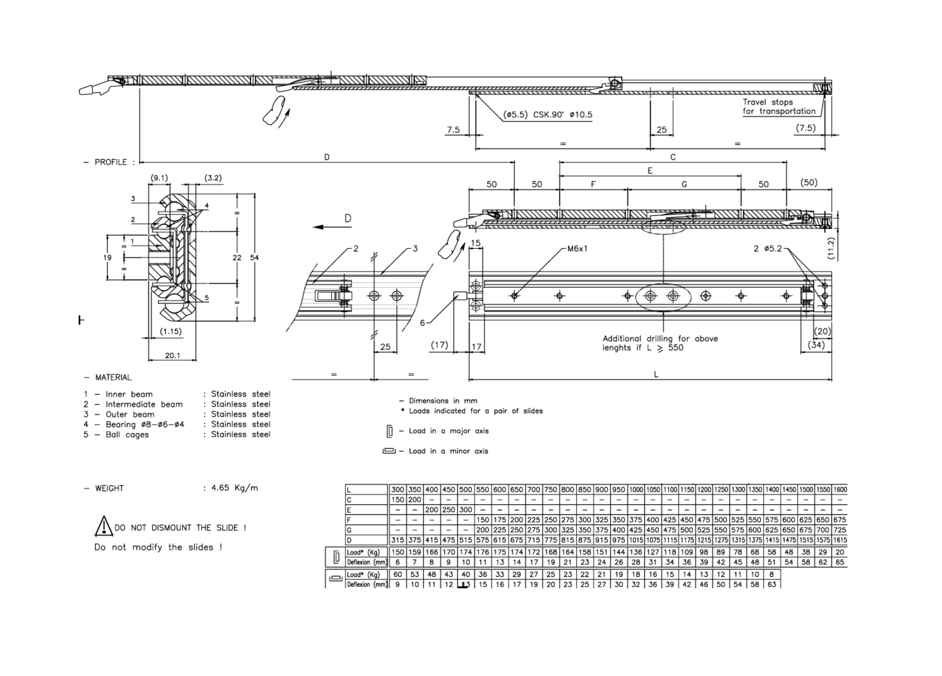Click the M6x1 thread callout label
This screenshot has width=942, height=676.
pos(577,249)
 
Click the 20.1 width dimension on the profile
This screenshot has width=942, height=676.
pos(172,356)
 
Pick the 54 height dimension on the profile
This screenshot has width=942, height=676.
pos(254,258)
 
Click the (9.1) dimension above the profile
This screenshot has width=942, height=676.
pos(159,178)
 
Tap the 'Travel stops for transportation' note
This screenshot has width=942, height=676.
pos(778,106)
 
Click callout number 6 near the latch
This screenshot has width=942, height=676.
pos(423,323)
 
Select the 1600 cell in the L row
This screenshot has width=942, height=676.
pos(839,489)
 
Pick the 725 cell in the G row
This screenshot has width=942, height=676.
pos(839,530)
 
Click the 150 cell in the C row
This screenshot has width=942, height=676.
pos(397,500)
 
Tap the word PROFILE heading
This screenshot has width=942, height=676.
pos(111,162)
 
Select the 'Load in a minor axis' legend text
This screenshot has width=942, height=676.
pos(448,451)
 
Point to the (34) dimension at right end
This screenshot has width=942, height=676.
pos(816,344)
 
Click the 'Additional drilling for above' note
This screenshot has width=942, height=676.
pos(660,339)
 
